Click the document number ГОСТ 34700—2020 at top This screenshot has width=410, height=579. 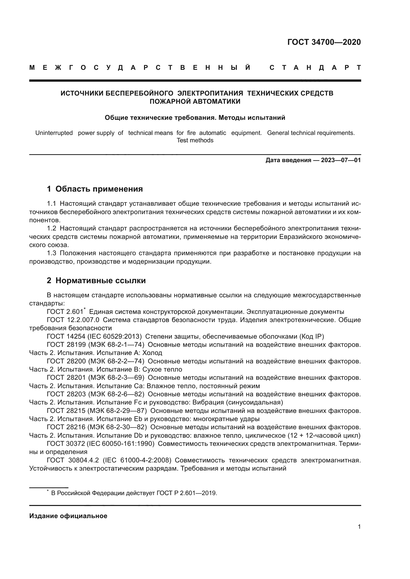click(324, 42)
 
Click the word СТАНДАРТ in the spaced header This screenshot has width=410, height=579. click(315, 68)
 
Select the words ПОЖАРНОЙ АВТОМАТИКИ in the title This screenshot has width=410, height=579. click(195, 102)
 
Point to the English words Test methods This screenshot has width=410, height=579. click(195, 140)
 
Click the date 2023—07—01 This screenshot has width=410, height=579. click(341, 160)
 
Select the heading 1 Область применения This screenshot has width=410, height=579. click(95, 189)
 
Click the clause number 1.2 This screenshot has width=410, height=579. click(52, 228)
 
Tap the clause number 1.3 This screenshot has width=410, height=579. click(52, 253)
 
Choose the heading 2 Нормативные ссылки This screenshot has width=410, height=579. click(96, 281)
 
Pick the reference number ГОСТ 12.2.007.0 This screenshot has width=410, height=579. click(73, 320)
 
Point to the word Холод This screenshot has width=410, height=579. click(152, 353)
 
